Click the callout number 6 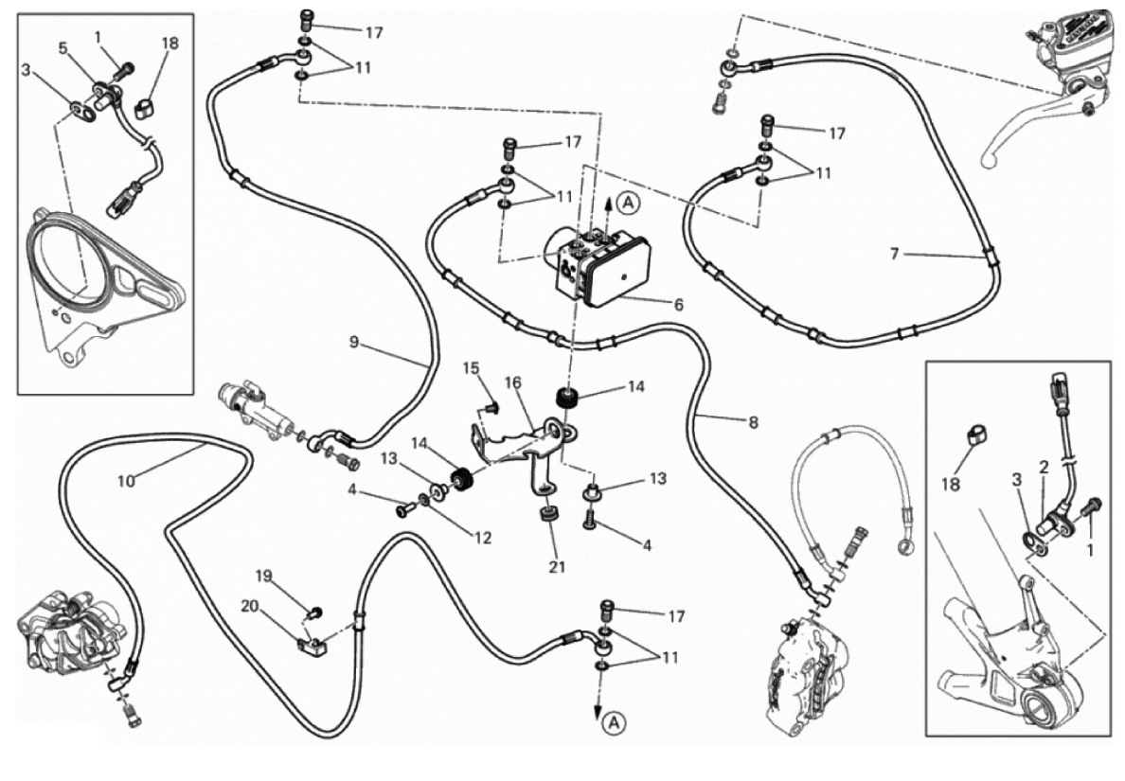click(x=678, y=305)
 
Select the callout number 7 click(x=893, y=254)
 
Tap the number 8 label click(x=753, y=423)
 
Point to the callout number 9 click(x=354, y=342)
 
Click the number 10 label click(x=127, y=480)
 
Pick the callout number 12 click(x=484, y=538)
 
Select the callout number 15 click(x=472, y=367)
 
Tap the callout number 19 click(x=263, y=575)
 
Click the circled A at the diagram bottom click(x=614, y=723)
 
